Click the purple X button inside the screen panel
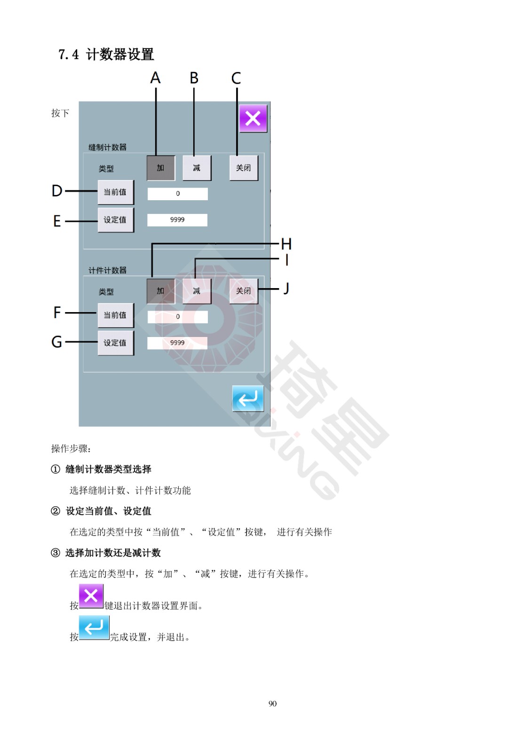coord(253,118)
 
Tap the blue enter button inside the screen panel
coord(248,398)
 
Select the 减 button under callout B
coord(197,168)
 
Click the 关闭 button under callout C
coord(244,168)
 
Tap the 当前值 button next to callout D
coord(116,192)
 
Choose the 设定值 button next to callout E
coord(116,220)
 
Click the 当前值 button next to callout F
coord(116,315)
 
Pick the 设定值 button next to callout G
coord(116,343)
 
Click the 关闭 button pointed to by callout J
coord(244,291)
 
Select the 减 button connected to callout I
coord(197,291)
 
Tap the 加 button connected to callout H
coord(161,291)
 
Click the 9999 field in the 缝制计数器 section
coord(177,220)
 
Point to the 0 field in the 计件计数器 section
coord(177,317)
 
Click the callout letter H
coord(286,244)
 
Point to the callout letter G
coord(57,342)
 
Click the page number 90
coord(272,704)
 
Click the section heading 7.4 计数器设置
coord(106,55)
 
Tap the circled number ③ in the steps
coord(56,553)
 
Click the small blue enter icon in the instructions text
coord(94,627)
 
